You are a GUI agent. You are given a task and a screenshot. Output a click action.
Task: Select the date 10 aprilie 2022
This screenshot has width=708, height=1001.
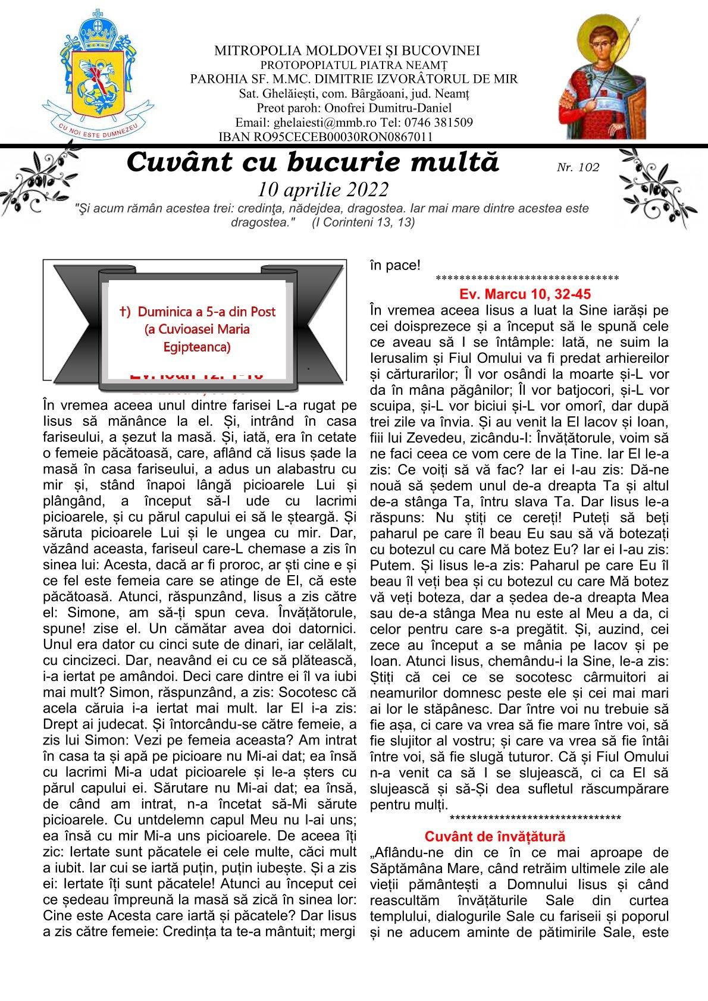click(323, 189)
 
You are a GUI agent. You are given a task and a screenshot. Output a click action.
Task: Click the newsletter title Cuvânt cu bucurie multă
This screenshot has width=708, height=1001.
click(313, 162)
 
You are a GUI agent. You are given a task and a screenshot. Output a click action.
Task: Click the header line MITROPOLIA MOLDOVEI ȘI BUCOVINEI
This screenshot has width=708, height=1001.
click(347, 51)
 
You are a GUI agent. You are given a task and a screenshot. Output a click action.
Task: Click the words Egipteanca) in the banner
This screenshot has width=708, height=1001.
click(197, 346)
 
